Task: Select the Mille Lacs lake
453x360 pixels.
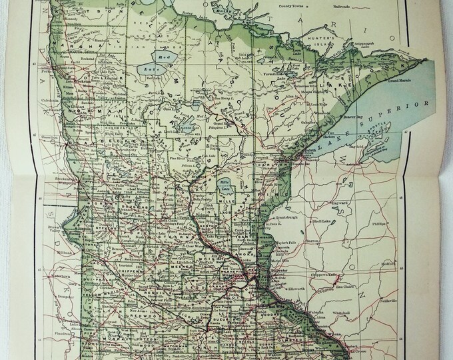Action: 223,185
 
